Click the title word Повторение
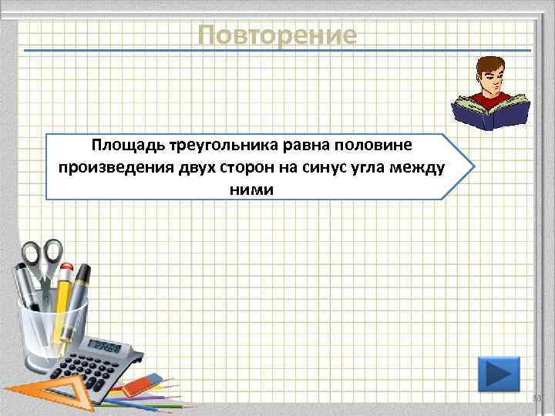[277, 35]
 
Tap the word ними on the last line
[251, 189]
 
